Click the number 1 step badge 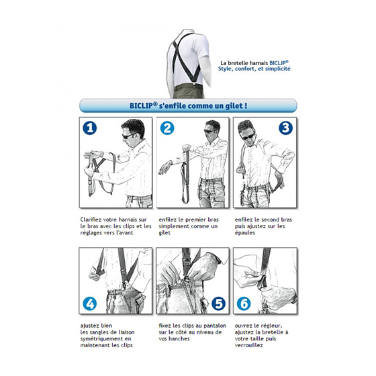point(90,128)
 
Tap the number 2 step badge point(167,128)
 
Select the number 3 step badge point(285,128)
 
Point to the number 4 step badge point(90,304)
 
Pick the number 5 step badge point(219,304)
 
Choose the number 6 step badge point(244,304)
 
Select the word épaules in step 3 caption point(245,233)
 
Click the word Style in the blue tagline point(225,69)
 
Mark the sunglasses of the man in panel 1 point(129,136)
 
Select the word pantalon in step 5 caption point(215,326)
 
